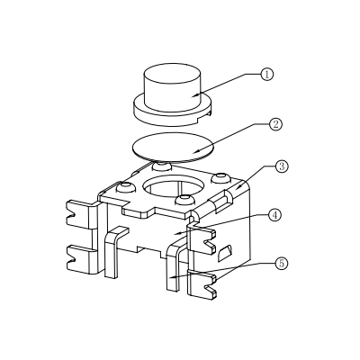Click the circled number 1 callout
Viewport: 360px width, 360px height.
coord(265,75)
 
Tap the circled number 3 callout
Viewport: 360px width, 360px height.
coord(281,166)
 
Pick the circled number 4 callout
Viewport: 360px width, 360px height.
coord(275,216)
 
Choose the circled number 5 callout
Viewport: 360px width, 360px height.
coord(281,264)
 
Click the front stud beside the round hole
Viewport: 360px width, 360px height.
coord(185,199)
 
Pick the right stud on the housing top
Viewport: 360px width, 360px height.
coord(220,178)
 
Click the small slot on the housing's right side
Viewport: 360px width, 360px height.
coord(229,249)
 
